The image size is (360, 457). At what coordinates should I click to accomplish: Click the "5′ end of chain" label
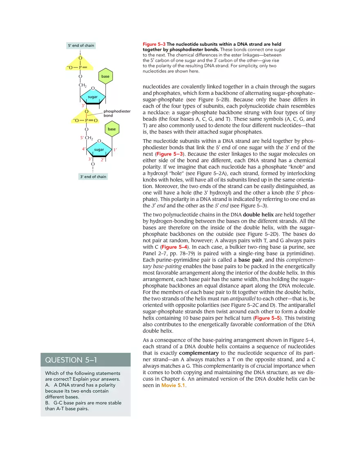(81, 45)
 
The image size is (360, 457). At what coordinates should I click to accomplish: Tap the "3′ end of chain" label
(93, 177)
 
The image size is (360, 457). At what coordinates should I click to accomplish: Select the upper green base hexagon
(106, 77)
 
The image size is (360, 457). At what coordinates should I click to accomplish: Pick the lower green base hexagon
(112, 129)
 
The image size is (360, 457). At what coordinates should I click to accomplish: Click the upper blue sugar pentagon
(92, 97)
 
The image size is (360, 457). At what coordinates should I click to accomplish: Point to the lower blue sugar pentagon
(99, 150)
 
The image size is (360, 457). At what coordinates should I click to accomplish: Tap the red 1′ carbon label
(116, 150)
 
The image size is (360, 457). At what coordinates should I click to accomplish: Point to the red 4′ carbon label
(84, 149)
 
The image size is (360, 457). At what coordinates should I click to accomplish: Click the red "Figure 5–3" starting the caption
(154, 44)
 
